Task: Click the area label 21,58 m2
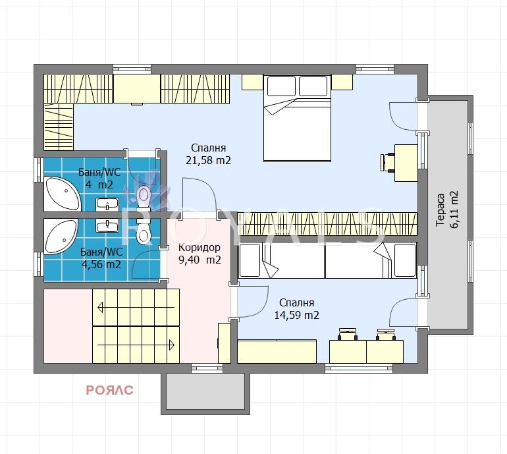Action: pyautogui.click(x=208, y=160)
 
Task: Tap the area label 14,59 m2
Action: pyautogui.click(x=296, y=315)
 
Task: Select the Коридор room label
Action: pyautogui.click(x=200, y=248)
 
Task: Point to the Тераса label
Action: pyautogui.click(x=440, y=210)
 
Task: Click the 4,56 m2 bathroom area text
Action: pyautogui.click(x=101, y=264)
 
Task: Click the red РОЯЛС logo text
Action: pyautogui.click(x=109, y=390)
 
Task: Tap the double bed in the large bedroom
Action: pyautogui.click(x=297, y=118)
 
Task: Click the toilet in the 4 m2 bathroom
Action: pyautogui.click(x=144, y=198)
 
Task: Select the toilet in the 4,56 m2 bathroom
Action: pyautogui.click(x=144, y=231)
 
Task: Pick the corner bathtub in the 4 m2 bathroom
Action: pyautogui.click(x=62, y=194)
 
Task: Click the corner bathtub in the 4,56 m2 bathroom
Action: pyautogui.click(x=61, y=237)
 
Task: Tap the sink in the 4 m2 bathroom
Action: pyautogui.click(x=107, y=205)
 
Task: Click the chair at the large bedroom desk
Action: pyautogui.click(x=387, y=162)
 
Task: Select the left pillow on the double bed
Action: pyautogui.click(x=281, y=86)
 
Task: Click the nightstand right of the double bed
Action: pyautogui.click(x=342, y=82)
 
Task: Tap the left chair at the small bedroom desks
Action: pyautogui.click(x=348, y=334)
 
